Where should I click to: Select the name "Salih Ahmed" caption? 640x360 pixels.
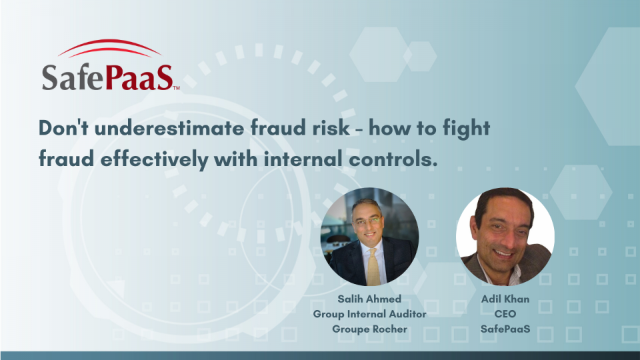click(370, 299)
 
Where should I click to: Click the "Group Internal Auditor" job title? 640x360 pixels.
click(370, 314)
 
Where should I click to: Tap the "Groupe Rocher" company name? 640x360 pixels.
click(370, 329)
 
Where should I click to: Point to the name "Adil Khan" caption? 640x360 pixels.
click(505, 299)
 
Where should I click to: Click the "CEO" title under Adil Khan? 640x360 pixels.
click(505, 314)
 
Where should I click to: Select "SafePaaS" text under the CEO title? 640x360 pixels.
click(505, 329)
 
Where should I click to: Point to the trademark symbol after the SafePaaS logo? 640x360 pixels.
click(176, 87)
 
